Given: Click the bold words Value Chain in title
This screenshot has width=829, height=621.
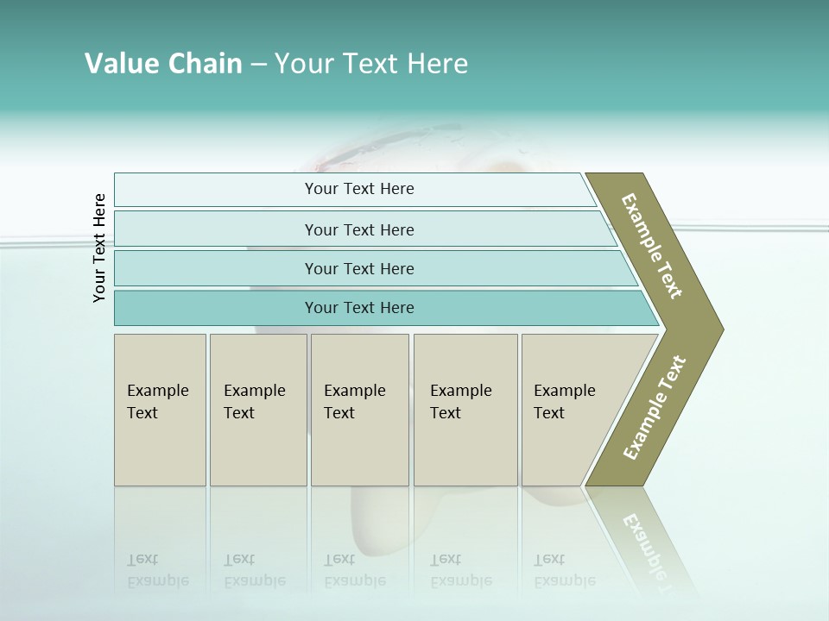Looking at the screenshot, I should click(x=163, y=64).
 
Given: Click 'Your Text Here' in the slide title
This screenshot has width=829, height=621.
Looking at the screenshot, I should click(x=371, y=64).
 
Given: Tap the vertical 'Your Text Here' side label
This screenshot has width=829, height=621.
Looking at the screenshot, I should click(x=99, y=248).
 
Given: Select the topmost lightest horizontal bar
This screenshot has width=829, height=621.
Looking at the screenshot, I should click(x=358, y=189).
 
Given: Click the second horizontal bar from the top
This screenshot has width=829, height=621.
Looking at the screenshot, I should click(x=358, y=229).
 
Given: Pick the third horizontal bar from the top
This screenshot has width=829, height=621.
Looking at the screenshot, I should click(x=358, y=268).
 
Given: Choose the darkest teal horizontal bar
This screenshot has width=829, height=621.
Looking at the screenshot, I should click(x=358, y=308).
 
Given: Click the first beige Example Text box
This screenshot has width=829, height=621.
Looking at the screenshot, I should click(x=160, y=410).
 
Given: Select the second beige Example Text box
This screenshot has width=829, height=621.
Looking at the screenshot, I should click(x=257, y=410).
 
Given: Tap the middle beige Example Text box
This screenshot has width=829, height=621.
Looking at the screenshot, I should click(x=359, y=410).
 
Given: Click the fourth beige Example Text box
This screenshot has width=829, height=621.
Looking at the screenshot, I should click(x=465, y=410).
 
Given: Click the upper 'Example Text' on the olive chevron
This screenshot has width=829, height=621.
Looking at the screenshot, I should click(x=653, y=246).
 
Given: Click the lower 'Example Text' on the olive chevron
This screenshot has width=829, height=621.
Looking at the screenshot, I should click(x=655, y=407).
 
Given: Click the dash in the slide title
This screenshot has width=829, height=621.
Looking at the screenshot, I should click(x=258, y=65).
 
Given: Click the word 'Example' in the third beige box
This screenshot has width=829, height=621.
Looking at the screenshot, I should click(x=354, y=391).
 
